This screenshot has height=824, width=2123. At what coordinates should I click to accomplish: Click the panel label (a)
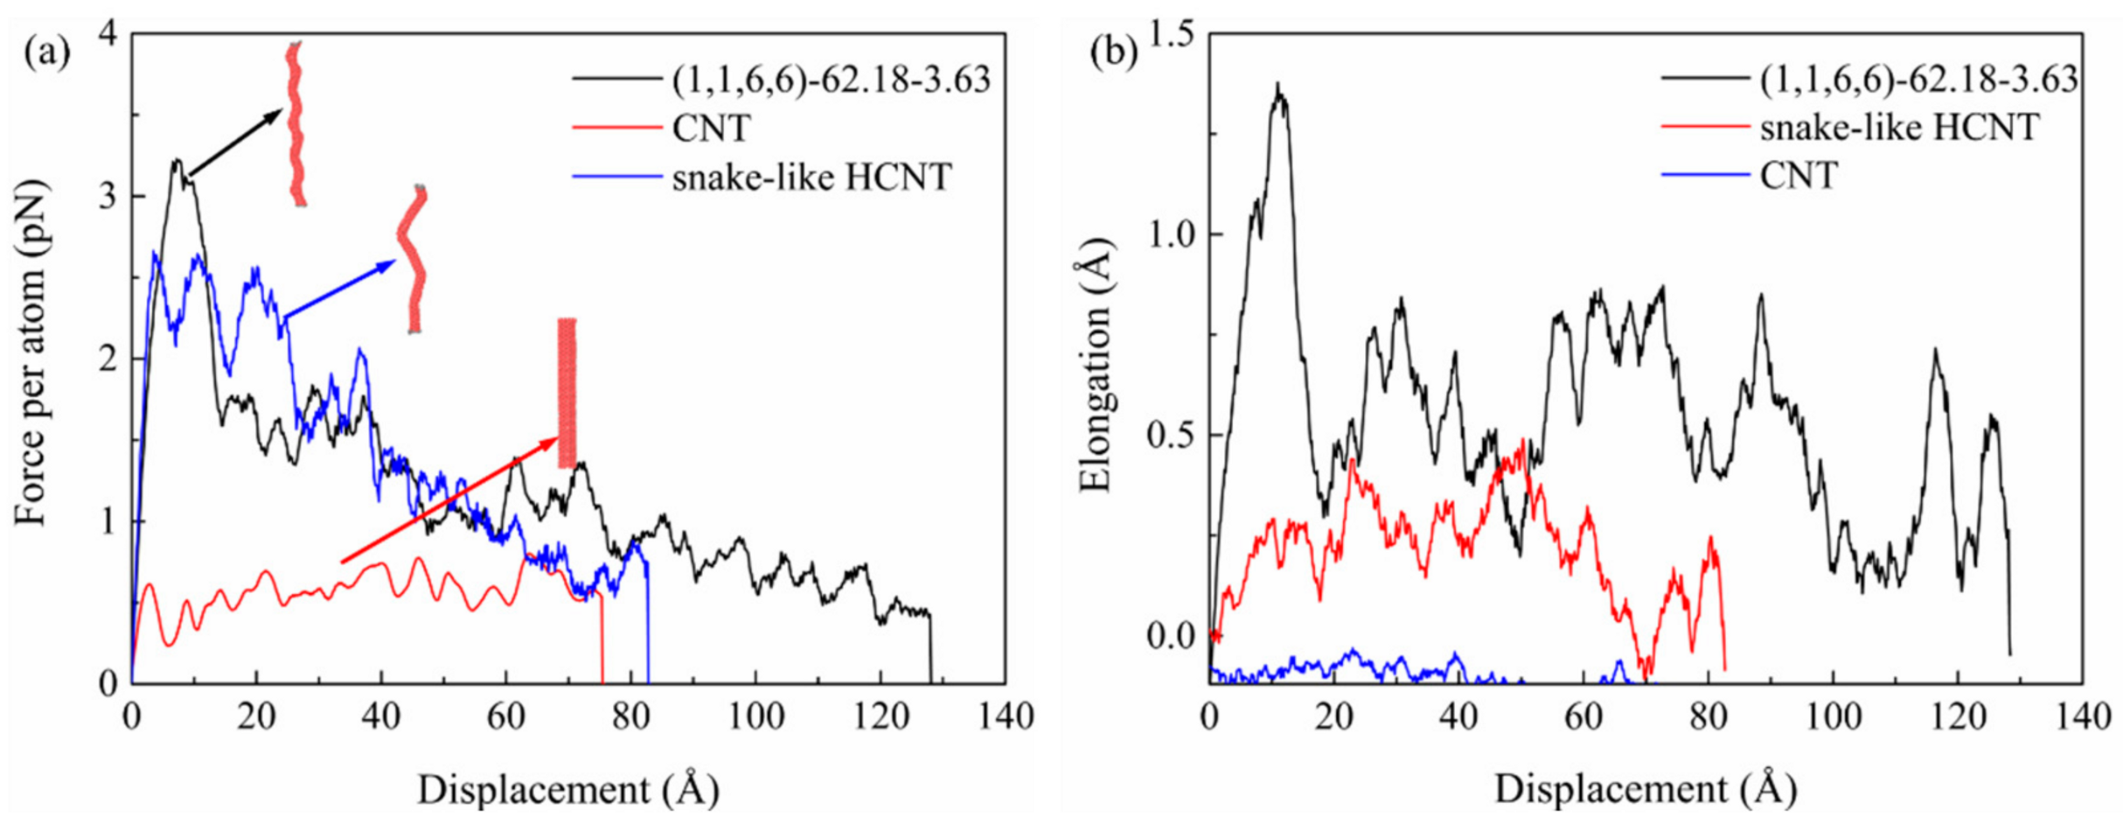46,53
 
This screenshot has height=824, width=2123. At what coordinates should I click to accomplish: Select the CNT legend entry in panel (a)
711,129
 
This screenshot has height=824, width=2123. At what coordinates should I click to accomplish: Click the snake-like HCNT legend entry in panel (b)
1898,128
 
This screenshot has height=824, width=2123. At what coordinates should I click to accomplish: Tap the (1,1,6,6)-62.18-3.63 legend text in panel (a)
831,80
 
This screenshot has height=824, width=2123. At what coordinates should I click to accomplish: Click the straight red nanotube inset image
567,393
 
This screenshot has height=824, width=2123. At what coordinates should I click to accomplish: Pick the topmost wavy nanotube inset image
296,122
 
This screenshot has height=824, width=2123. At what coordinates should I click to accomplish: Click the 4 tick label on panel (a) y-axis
108,33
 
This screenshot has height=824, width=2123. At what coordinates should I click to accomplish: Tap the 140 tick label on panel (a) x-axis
1004,716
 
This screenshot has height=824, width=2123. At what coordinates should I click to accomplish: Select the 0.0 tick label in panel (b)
1169,636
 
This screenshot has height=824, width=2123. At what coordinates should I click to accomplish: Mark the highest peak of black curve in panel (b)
1278,86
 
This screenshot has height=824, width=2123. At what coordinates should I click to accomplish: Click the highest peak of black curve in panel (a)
177,160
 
